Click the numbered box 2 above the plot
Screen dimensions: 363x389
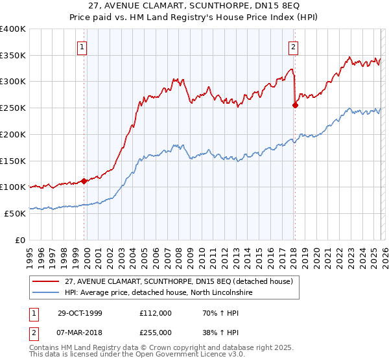pos(294,46)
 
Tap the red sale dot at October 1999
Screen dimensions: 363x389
pos(84,181)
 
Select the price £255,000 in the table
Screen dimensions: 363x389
pos(156,332)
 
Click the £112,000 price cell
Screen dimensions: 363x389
pos(156,312)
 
